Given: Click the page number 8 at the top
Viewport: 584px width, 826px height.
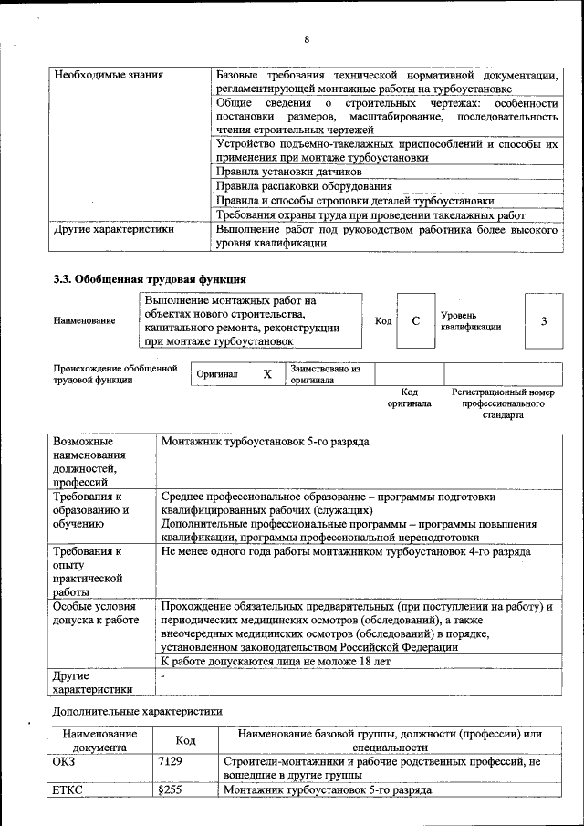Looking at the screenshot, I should click(307, 39).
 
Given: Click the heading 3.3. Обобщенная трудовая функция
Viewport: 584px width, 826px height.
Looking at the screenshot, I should click(150, 278).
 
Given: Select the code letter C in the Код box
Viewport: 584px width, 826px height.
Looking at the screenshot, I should click(415, 320).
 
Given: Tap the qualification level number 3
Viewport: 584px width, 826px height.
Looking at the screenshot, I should click(544, 320).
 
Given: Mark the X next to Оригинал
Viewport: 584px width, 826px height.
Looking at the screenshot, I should click(267, 374).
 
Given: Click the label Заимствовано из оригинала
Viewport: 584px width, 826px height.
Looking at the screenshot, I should click(326, 374).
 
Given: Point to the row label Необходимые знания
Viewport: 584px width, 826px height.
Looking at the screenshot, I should click(109, 75).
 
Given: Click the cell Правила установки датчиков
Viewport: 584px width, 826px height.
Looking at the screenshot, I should click(288, 171).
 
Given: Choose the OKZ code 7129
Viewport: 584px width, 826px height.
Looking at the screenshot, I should click(170, 761).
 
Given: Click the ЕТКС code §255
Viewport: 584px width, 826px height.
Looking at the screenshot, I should click(170, 789).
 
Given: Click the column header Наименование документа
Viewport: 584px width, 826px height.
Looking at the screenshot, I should click(99, 740).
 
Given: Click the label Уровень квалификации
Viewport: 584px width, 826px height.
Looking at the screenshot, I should click(470, 320).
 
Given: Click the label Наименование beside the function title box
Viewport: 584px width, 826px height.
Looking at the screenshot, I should click(85, 321).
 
